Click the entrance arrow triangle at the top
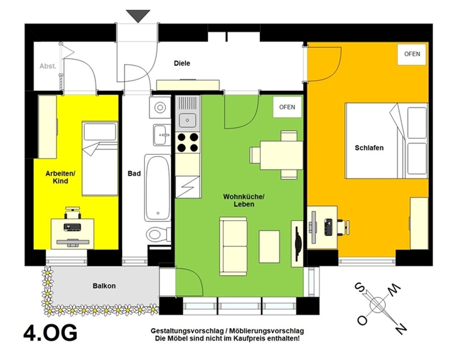tap(138, 15)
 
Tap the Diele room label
tap(182, 63)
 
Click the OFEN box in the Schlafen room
tap(412, 54)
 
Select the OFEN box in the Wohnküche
tap(287, 107)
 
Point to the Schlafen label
tap(369, 148)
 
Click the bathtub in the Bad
tap(157, 188)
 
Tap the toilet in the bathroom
tap(158, 234)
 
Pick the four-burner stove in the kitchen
tap(188, 143)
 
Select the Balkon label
tap(104, 286)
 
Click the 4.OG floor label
tap(50, 332)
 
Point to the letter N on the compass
tap(399, 328)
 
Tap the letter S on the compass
tap(360, 287)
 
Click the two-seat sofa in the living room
tap(233, 246)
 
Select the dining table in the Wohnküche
tap(282, 155)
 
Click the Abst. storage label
tap(48, 66)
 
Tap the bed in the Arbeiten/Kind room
tap(100, 158)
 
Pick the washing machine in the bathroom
tap(160, 107)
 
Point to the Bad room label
tap(134, 173)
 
